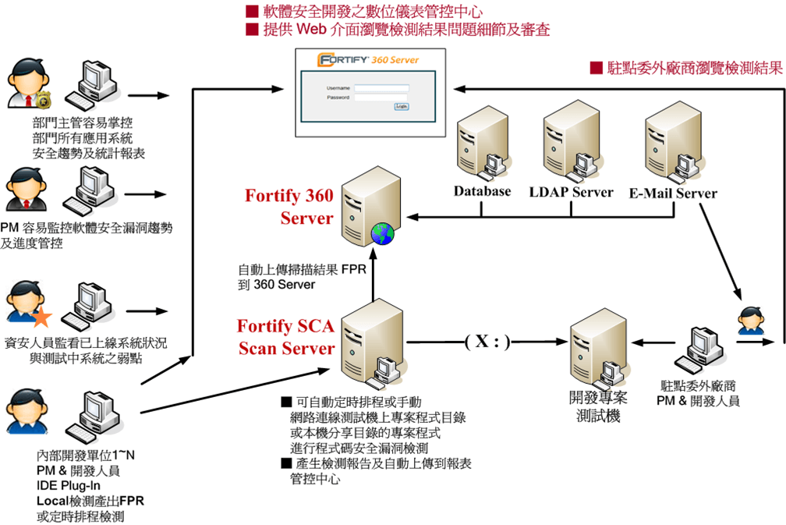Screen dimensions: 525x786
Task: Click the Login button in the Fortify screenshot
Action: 402,107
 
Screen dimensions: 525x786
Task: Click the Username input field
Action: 381,88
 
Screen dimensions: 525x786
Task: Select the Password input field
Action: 381,98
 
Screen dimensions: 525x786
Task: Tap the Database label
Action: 483,191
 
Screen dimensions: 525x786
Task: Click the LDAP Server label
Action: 572,192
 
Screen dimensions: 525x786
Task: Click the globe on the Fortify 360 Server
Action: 383,232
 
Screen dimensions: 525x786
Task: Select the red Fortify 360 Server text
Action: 289,206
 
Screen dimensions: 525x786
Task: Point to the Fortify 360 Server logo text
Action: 369,59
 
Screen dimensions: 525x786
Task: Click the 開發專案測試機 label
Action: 597,406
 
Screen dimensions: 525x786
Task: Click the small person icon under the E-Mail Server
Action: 750,320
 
